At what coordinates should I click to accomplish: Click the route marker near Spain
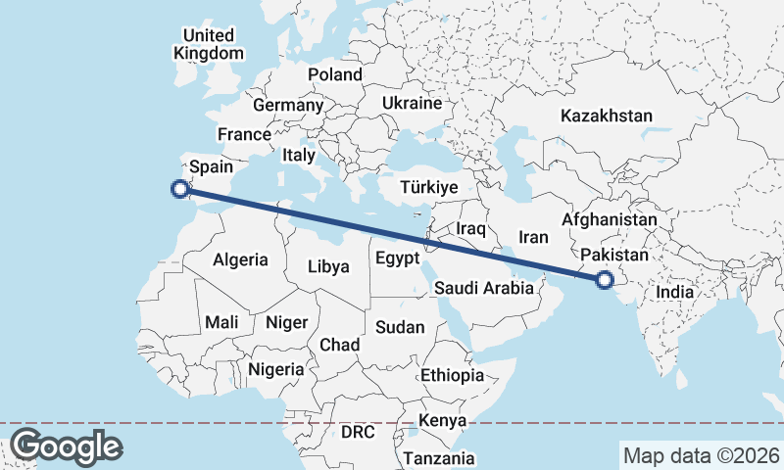point(179,189)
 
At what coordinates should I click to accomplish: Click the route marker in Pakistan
point(604,281)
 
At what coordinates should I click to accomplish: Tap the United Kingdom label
point(208,44)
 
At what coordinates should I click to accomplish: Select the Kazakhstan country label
point(606,116)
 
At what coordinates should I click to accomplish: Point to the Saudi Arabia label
point(484,288)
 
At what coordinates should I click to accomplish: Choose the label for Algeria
point(240,259)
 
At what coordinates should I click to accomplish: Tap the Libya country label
point(328,265)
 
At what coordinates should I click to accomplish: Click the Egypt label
point(397,258)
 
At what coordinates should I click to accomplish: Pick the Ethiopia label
point(452,375)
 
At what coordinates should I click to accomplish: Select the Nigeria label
point(276,369)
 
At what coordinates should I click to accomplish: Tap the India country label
point(675,292)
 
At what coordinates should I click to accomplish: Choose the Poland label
point(335,74)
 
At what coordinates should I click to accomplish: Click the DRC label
point(359,432)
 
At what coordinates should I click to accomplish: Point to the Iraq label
point(471,228)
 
